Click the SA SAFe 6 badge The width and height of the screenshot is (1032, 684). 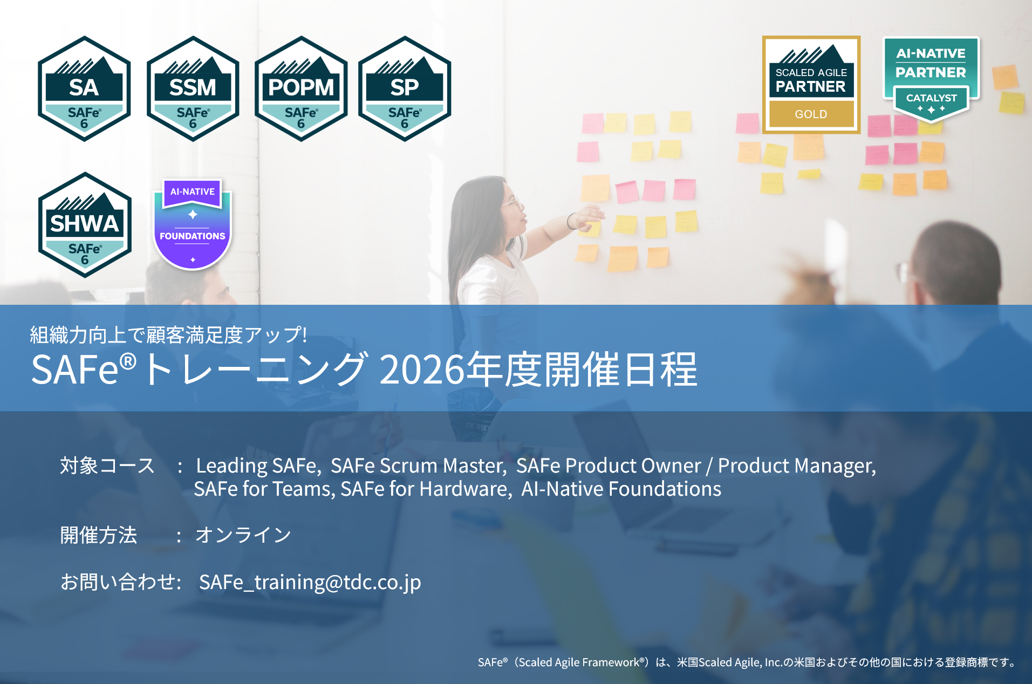point(84,89)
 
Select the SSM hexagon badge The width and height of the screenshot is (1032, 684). point(193,89)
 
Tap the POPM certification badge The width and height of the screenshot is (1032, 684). point(301,89)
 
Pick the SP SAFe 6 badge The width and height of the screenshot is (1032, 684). point(405,89)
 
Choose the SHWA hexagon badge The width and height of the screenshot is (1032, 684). point(85,225)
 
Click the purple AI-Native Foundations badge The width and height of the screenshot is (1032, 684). point(193,224)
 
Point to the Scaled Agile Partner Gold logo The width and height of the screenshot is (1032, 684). point(811,85)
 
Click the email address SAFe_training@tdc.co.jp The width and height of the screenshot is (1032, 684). point(310,583)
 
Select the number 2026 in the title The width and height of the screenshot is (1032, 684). point(422,370)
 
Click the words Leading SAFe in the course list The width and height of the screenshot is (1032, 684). point(258,466)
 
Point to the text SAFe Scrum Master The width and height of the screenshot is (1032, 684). point(419,466)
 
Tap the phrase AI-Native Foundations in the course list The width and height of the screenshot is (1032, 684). point(621,489)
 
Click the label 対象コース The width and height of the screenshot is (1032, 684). point(107,466)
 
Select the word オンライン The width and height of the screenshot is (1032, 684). point(243,535)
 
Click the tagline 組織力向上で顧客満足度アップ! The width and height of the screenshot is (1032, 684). point(169,335)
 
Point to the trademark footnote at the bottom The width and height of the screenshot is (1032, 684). point(748,662)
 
